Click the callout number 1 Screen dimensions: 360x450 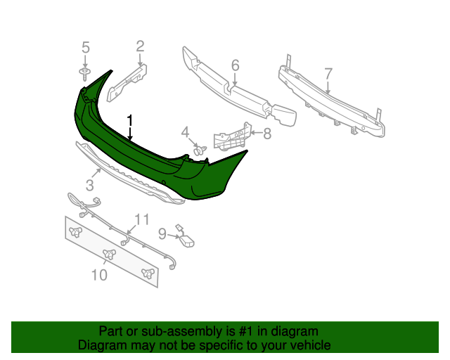click(x=129, y=120)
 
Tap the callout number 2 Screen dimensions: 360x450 click(x=141, y=47)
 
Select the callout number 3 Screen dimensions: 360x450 click(x=90, y=186)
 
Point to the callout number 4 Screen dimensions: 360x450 click(x=186, y=131)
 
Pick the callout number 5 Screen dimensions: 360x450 click(x=86, y=48)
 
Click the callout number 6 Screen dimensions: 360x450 click(x=235, y=65)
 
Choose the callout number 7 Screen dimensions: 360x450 click(x=328, y=74)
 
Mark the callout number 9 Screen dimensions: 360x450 click(x=162, y=233)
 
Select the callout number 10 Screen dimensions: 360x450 click(x=99, y=275)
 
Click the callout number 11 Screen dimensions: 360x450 click(x=142, y=219)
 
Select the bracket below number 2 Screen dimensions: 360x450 click(x=129, y=79)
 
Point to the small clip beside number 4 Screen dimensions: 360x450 click(x=199, y=149)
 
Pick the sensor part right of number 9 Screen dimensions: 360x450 click(x=186, y=238)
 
